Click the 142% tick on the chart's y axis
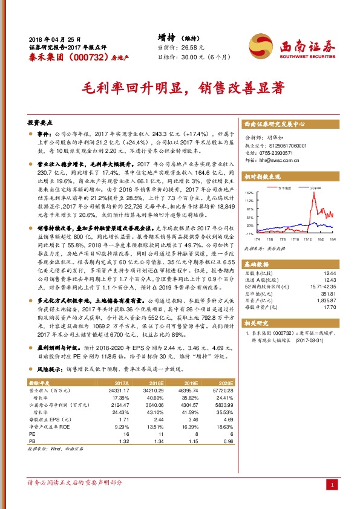[x=249, y=192]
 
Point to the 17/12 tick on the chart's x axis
[x=307, y=238]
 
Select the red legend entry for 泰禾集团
[x=282, y=189]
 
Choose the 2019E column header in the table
[x=191, y=383]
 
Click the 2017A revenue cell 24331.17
[x=117, y=391]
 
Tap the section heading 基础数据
[x=257, y=264]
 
